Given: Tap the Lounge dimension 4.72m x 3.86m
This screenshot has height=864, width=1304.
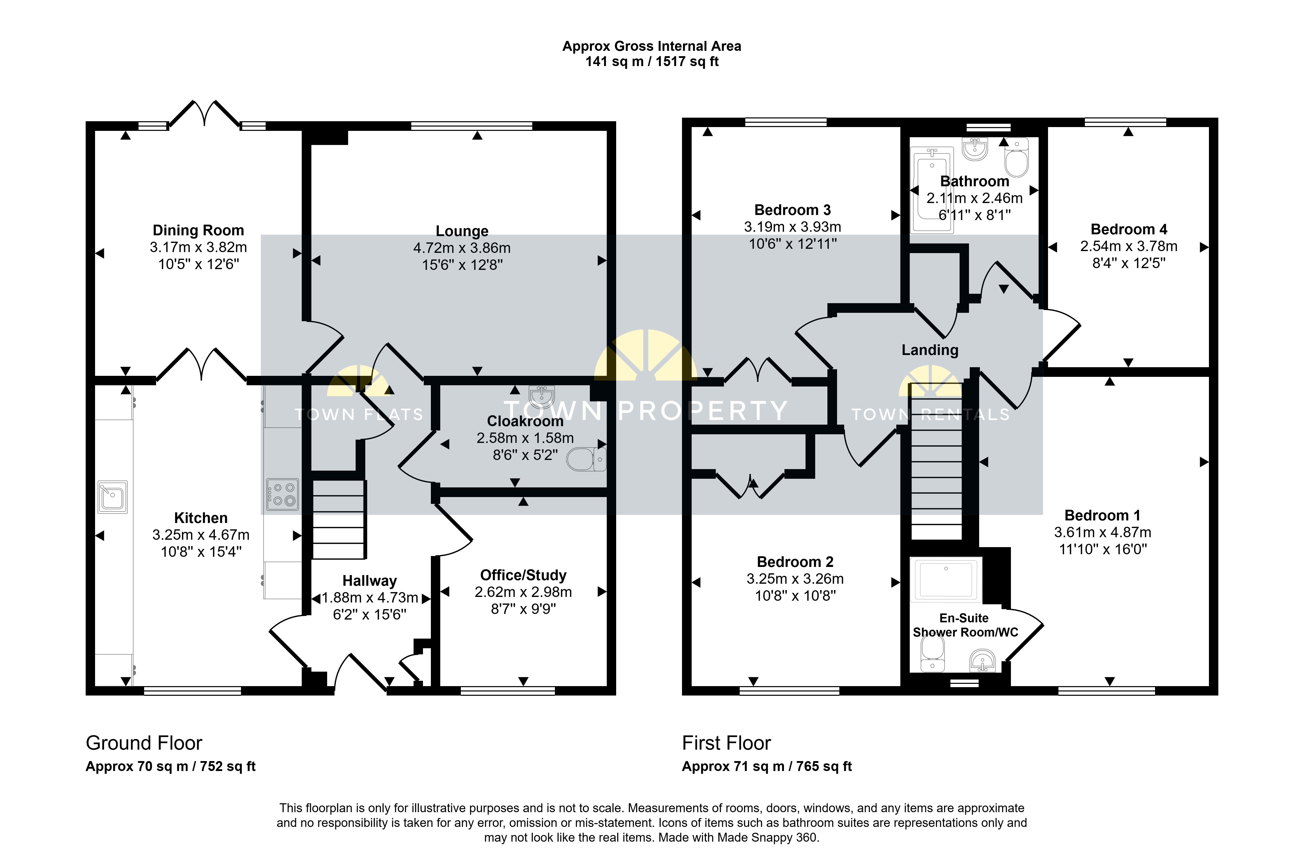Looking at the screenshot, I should (462, 248).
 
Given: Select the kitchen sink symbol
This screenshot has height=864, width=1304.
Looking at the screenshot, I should (112, 497).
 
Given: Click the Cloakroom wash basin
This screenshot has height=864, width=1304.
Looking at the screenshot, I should (541, 396).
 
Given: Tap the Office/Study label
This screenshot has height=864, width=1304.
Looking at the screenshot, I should (523, 575).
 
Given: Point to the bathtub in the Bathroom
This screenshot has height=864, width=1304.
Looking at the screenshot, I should (931, 190).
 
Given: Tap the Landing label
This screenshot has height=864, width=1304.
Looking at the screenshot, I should (930, 350).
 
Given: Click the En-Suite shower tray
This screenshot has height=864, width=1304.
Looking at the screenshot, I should (946, 580).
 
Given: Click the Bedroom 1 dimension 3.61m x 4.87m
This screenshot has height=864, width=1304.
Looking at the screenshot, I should (1102, 532).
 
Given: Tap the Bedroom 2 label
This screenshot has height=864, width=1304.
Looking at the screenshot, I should (795, 562).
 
